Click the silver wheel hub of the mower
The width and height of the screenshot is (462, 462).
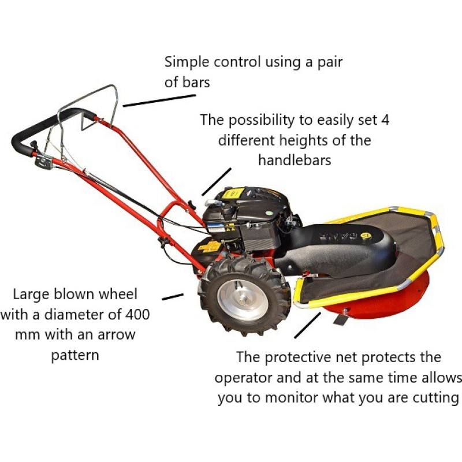pos(243,300)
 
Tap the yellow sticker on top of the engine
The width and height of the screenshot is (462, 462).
pos(233,193)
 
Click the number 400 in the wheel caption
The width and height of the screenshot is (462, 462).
pos(137,314)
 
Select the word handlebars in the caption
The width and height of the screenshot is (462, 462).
pos(295,161)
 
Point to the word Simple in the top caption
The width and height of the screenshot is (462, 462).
pos(187,63)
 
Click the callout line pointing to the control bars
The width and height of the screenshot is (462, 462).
pos(159,100)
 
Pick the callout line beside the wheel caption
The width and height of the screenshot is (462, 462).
pos(173,297)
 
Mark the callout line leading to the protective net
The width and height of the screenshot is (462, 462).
pos(307,325)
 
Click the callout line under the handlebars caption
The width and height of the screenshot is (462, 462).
pos(217,182)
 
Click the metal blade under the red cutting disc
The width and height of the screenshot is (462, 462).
pos(341,319)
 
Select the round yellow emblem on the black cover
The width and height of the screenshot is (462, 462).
pos(366,236)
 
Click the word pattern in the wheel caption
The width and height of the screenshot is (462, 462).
pos(75,355)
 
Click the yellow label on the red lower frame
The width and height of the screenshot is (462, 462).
pos(210,247)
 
